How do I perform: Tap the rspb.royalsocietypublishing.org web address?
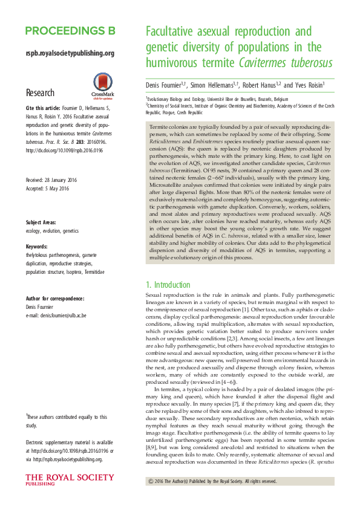70,53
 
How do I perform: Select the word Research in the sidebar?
40,93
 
